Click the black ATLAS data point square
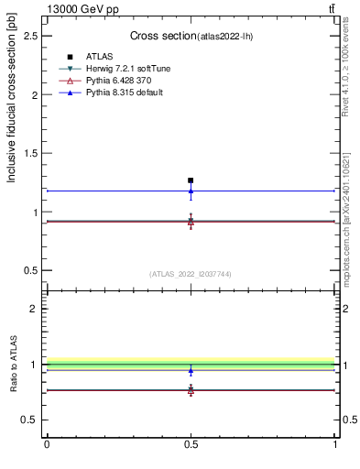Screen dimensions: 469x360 (191, 180)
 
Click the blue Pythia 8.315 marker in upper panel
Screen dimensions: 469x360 (191, 191)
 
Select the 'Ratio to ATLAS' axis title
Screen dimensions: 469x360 (12, 366)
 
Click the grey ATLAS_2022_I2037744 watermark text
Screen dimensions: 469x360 (191, 274)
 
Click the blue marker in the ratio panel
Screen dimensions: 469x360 (191, 371)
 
